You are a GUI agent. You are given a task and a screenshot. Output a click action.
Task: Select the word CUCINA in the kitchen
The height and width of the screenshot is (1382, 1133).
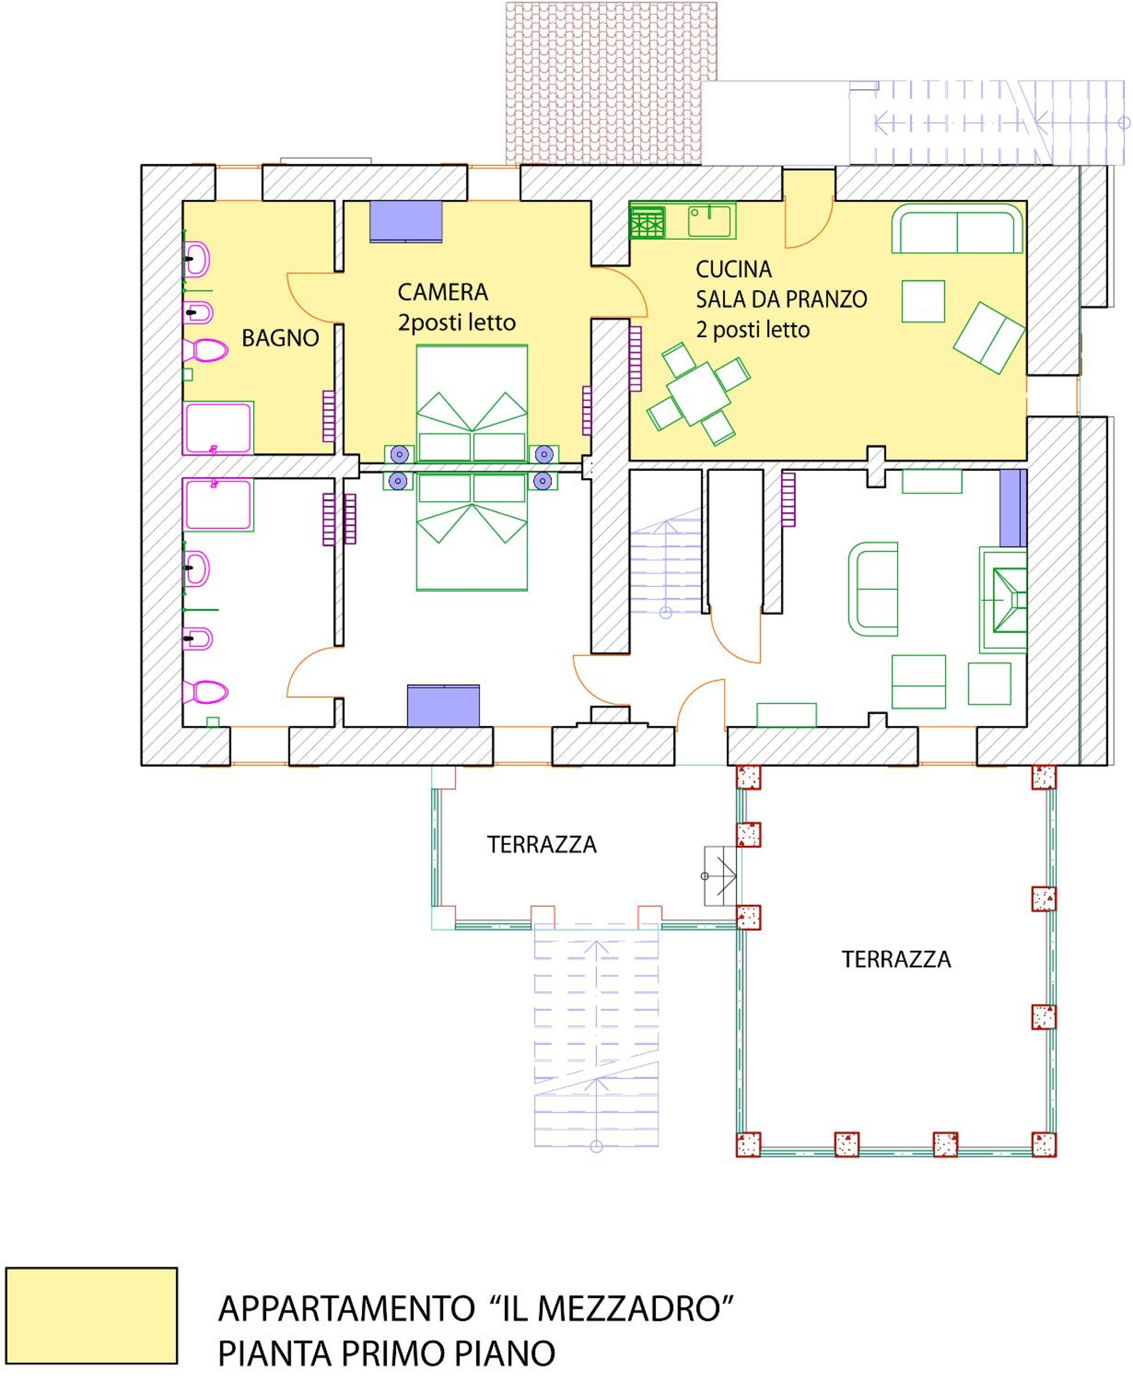tap(734, 269)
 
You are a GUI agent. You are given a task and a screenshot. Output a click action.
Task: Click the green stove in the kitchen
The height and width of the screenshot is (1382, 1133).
tap(648, 222)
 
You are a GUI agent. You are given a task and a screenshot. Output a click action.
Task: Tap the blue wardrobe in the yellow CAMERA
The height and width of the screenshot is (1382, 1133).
tap(406, 221)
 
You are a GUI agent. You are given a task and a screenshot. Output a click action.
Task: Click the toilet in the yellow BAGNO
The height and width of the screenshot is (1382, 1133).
tap(206, 350)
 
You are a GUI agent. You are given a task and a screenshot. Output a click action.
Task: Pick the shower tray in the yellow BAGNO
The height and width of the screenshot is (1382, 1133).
tap(218, 428)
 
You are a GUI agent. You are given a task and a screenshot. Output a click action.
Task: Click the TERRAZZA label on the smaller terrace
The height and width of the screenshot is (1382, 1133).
tap(541, 845)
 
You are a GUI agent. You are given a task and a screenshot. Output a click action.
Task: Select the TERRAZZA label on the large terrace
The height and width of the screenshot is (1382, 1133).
tap(896, 960)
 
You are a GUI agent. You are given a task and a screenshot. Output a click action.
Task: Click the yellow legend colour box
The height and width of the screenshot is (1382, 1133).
tap(92, 1315)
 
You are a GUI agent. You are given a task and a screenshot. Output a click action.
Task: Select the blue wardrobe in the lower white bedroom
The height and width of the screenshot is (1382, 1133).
tap(443, 706)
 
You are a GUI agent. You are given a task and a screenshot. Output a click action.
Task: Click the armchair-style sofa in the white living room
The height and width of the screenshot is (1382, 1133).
tap(873, 589)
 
